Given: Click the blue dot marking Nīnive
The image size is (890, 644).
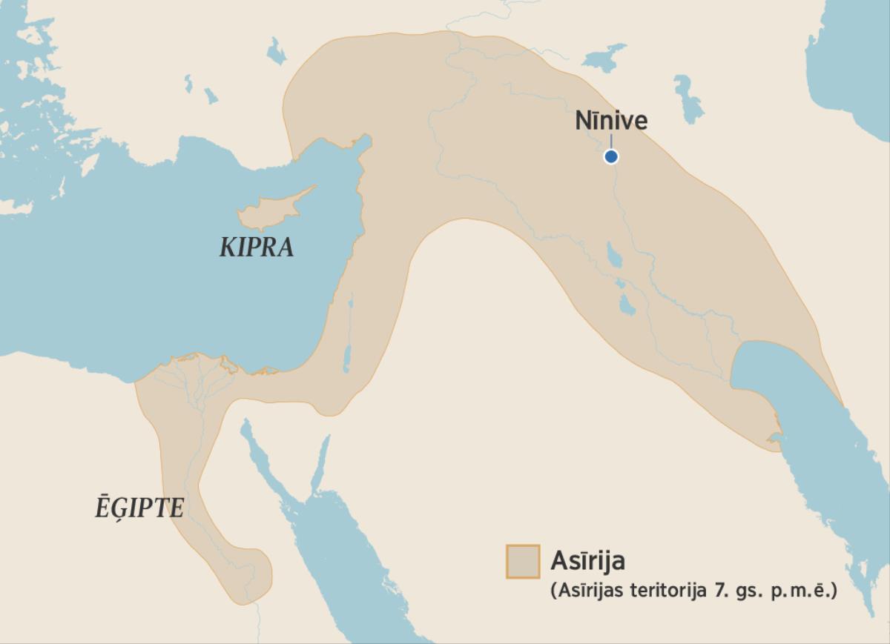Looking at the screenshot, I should pyautogui.click(x=610, y=156).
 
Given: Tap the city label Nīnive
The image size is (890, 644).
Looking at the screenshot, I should pyautogui.click(x=611, y=121).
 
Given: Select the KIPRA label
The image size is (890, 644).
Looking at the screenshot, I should pyautogui.click(x=257, y=248).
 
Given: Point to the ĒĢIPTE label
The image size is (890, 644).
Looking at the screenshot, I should pyautogui.click(x=139, y=508).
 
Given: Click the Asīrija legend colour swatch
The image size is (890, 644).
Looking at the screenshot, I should pyautogui.click(x=522, y=561).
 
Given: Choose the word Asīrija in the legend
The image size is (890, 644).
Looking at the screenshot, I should pyautogui.click(x=587, y=560).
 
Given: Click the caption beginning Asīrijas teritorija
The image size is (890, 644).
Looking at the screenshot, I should pyautogui.click(x=693, y=591).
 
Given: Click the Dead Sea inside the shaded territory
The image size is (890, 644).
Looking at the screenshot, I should pyautogui.click(x=346, y=356).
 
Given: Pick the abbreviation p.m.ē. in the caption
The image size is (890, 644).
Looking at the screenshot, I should pyautogui.click(x=813, y=591).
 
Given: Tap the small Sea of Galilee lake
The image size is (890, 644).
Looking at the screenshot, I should pyautogui.click(x=350, y=302).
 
